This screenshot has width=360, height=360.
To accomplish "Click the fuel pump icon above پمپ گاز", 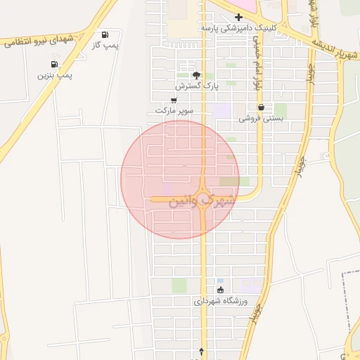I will pyautogui.click(x=105, y=34).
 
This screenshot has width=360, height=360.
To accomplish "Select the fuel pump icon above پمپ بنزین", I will pyautogui.click(x=55, y=64).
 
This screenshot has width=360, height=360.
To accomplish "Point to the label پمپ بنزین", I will pyautogui.click(x=55, y=75).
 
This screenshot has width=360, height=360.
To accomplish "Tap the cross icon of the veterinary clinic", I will pyautogui.click(x=238, y=17).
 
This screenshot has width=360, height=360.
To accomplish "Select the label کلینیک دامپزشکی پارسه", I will pyautogui.click(x=238, y=27).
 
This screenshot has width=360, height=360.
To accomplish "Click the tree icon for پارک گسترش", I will pyautogui.click(x=196, y=75).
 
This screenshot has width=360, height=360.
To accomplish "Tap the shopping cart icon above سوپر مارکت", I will pyautogui.click(x=174, y=101).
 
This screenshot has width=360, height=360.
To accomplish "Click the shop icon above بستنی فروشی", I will pyautogui.click(x=261, y=108).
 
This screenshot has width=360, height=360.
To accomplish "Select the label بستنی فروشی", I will pyautogui.click(x=261, y=118).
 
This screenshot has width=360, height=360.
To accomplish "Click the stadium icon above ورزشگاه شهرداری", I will pyautogui.click(x=220, y=290).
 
